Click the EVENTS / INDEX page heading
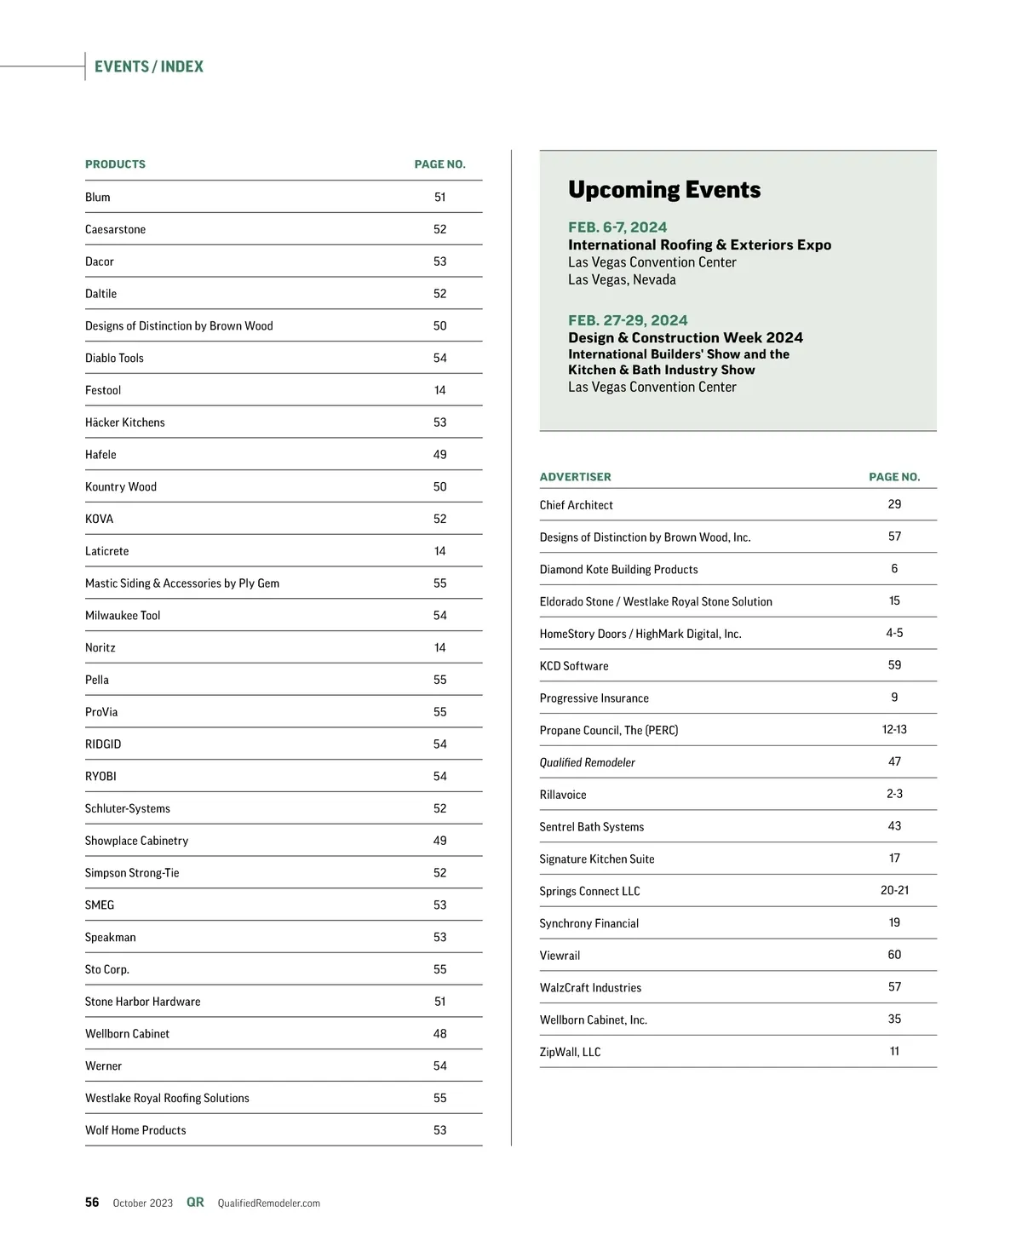(149, 66)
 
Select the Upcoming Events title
(664, 189)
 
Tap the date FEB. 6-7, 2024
(617, 227)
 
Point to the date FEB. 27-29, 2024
(628, 320)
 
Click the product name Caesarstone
(115, 229)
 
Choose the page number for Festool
(439, 390)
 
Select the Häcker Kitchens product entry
(125, 422)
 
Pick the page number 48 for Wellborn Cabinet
(439, 1034)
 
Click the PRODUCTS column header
(115, 164)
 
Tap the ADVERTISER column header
(575, 477)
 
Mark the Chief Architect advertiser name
(576, 505)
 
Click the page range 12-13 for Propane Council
(894, 730)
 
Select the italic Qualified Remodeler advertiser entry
(587, 762)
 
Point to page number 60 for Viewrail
(894, 955)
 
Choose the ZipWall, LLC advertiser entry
(570, 1052)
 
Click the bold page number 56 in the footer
(92, 1203)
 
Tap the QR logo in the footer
(195, 1203)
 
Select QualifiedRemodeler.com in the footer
(268, 1203)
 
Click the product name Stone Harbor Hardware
(142, 1002)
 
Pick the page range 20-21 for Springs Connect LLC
(894, 890)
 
